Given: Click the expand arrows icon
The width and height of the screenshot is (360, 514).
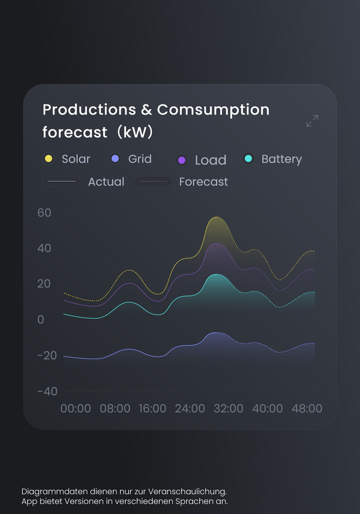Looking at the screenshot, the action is point(312,121).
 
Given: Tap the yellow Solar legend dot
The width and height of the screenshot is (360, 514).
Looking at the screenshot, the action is point(49,159).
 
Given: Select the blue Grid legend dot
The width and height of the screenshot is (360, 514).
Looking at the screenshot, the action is point(115,159).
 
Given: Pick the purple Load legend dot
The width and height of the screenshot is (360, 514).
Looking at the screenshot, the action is point(182,160).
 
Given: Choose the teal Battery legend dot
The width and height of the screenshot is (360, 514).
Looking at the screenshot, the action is point(248,159).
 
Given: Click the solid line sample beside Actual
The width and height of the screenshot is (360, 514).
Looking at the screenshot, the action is point(62,181).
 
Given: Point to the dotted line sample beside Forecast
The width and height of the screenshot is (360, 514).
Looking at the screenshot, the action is point(152,181).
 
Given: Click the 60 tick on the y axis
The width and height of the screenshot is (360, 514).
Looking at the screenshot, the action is point(44,213).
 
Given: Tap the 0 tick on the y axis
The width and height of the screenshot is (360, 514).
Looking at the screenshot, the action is point(41,319).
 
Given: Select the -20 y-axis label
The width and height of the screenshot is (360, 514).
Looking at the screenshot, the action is point(47,355).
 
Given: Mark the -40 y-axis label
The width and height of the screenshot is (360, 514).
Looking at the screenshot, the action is point(47,391).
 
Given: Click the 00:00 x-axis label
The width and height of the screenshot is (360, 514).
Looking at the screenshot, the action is point(76,408).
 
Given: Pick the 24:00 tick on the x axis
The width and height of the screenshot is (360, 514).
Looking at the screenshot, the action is point(190,408).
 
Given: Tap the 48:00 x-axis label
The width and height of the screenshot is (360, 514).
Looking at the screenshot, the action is point(307,408).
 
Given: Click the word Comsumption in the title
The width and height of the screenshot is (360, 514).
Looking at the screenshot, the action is point(213,110).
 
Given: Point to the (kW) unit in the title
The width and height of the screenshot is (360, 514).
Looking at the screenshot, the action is point(135,132).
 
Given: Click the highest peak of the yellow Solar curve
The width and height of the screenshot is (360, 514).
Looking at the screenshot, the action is point(217,217).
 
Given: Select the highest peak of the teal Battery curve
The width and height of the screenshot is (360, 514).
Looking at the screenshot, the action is point(216,274).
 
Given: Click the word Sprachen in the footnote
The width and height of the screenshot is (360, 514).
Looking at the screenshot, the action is point(192,501).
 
